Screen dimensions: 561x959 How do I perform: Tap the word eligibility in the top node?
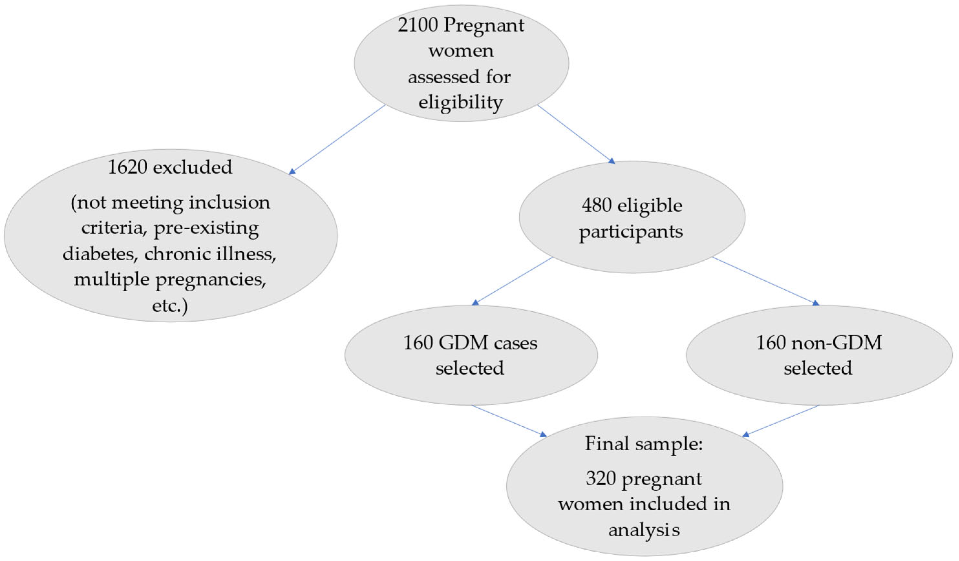tap(460, 102)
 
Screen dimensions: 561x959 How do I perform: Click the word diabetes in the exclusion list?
tap(100, 254)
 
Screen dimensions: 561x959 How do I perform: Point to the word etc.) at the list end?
tap(170, 306)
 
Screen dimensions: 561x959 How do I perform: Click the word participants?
tap(631, 232)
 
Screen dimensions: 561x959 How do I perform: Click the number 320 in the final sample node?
tap(601, 478)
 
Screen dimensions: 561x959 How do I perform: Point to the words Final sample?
tap(644, 443)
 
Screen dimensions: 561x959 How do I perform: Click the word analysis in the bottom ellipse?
tap(644, 529)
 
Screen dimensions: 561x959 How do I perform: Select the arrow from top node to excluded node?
tap(337, 140)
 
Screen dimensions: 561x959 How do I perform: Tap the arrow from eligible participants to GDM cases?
tap(512, 281)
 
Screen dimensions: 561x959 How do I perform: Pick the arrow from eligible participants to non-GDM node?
tap(765, 281)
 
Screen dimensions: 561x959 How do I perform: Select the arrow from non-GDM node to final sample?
tap(780, 420)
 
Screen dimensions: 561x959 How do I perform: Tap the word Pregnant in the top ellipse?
tap(483, 26)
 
